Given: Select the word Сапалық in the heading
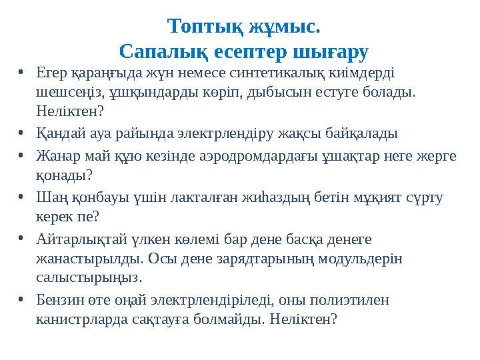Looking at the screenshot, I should coord(159,51).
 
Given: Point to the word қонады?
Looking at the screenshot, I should coord(63,175).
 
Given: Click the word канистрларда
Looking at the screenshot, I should coord(80,319).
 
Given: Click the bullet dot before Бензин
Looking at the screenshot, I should coord(21,301).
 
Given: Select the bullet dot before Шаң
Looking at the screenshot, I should coord(21,198).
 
